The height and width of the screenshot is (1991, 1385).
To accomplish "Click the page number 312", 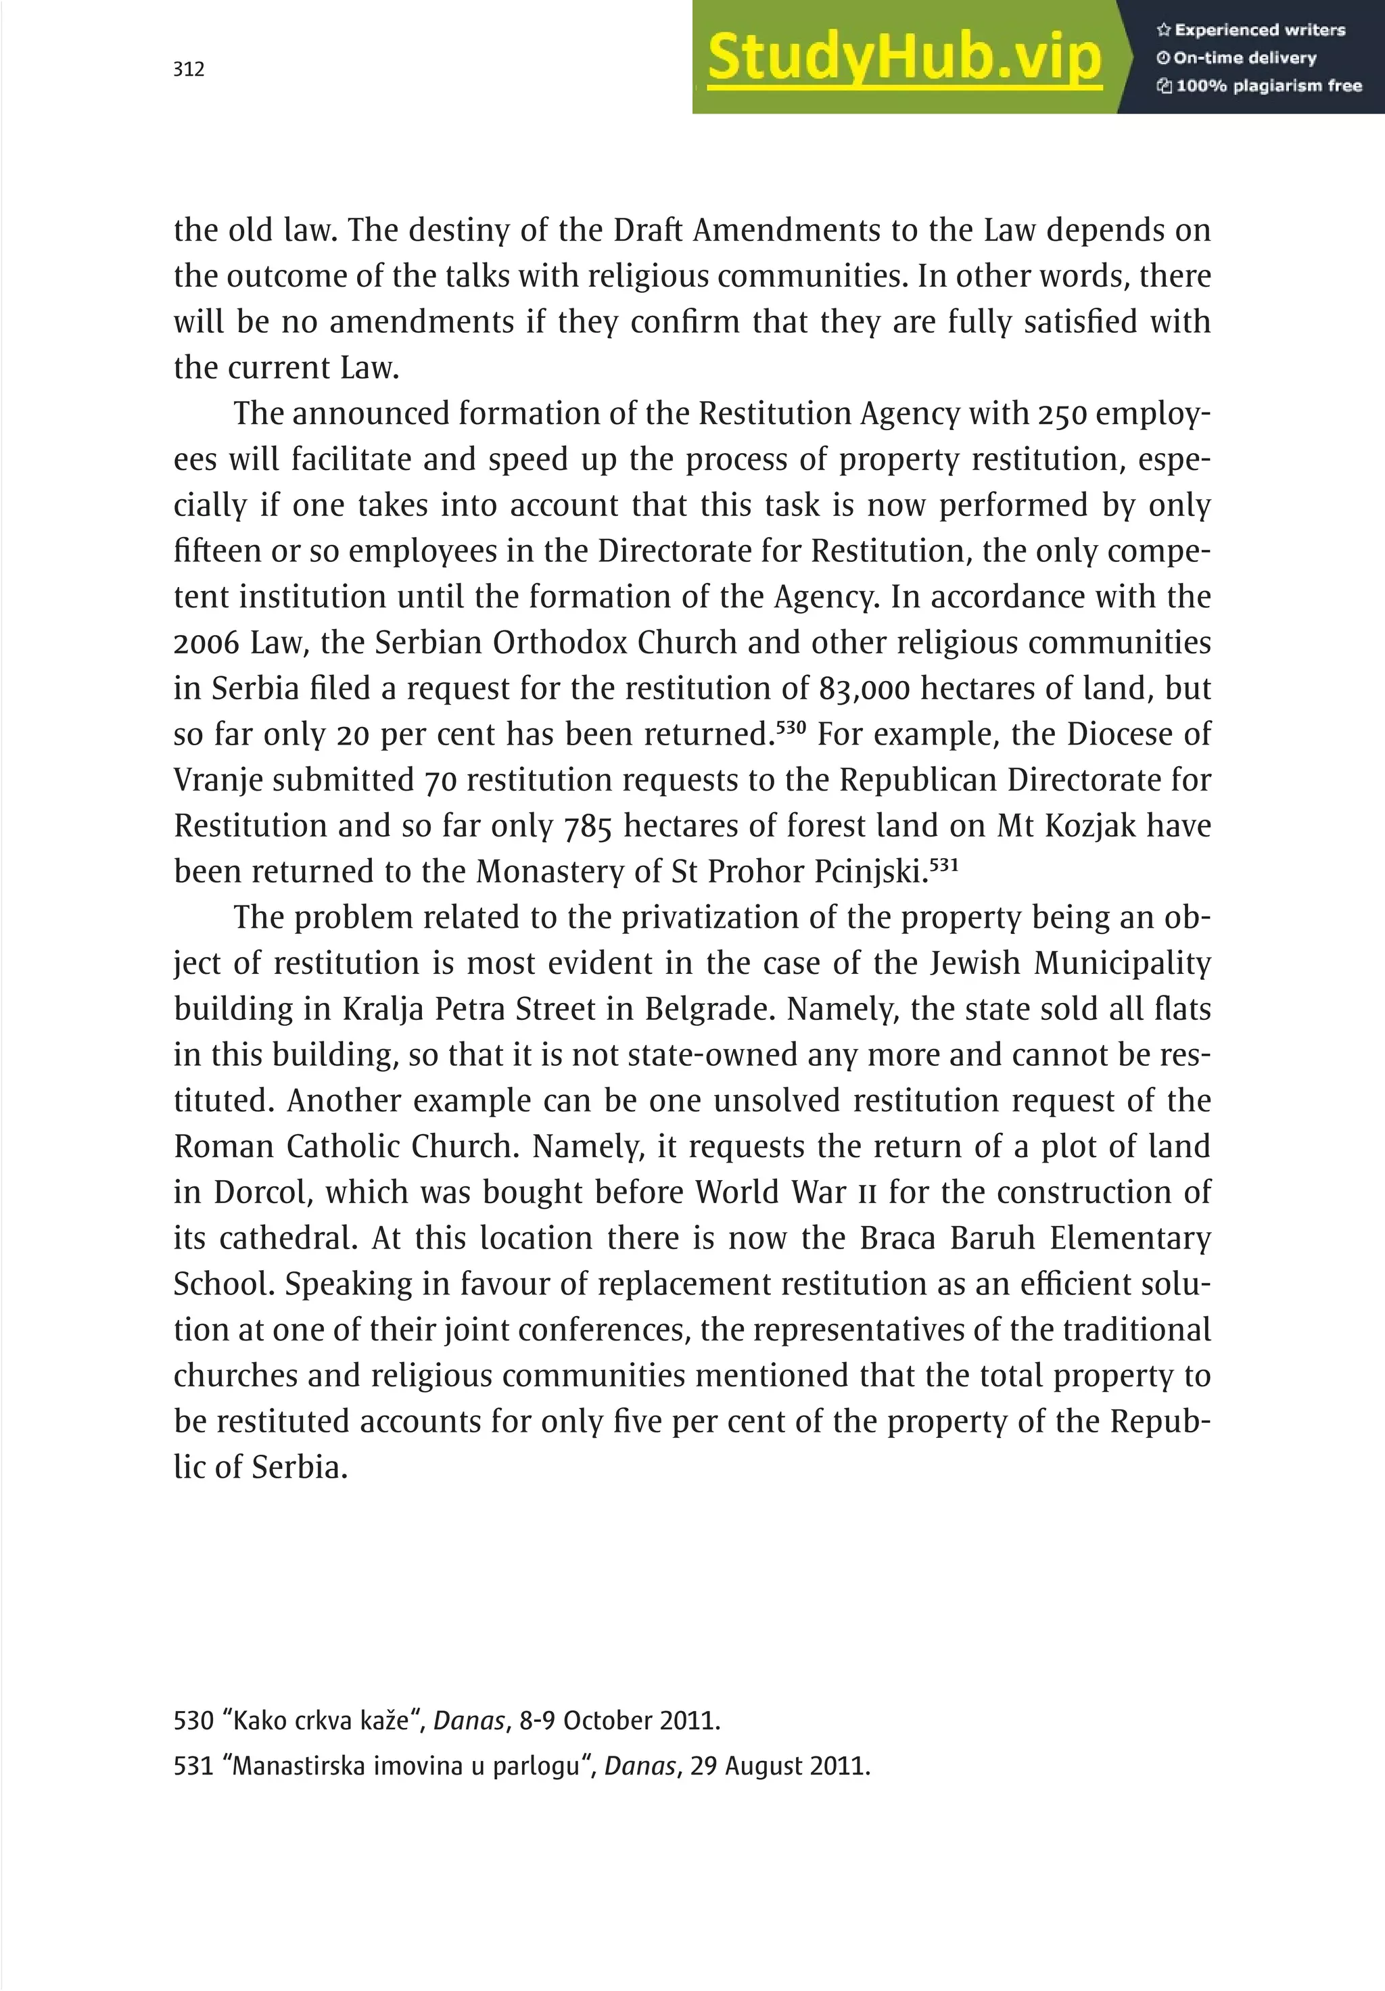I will pos(188,70).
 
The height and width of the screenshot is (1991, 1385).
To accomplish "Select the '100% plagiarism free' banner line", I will pos(1259,86).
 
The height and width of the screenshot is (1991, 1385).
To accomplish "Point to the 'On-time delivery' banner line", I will pos(1237,58).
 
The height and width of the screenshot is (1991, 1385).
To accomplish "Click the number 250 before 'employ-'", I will pos(1062,415).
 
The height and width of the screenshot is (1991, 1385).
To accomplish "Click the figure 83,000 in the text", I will pos(864,689).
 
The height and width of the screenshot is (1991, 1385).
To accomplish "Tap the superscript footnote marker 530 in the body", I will pos(791,726).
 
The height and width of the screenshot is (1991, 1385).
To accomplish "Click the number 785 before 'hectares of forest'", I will pos(588,826).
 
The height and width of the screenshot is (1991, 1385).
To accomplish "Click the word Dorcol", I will pos(261,1192).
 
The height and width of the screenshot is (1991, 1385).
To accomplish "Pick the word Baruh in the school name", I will pos(993,1238).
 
